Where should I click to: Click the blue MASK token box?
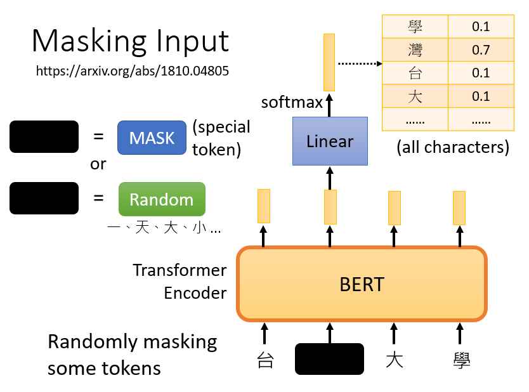(x=152, y=138)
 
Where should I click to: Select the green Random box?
(x=162, y=199)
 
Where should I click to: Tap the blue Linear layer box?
(x=330, y=141)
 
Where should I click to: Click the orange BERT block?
(x=362, y=284)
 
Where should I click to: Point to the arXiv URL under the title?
(x=132, y=71)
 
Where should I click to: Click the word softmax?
(x=292, y=102)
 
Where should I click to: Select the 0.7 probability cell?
(x=481, y=50)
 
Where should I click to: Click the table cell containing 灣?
(x=415, y=50)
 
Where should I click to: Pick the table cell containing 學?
(x=415, y=27)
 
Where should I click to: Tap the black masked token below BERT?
(x=329, y=359)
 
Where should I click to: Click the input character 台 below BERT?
(x=265, y=360)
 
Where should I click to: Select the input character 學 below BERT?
(x=462, y=360)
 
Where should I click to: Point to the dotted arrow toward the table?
(x=360, y=63)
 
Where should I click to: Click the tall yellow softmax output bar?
(x=329, y=62)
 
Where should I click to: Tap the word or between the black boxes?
(x=98, y=164)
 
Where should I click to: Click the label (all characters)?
(x=453, y=147)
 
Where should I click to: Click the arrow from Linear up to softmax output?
(x=329, y=105)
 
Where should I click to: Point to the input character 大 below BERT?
(x=395, y=360)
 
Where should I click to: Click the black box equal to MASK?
(x=44, y=136)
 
